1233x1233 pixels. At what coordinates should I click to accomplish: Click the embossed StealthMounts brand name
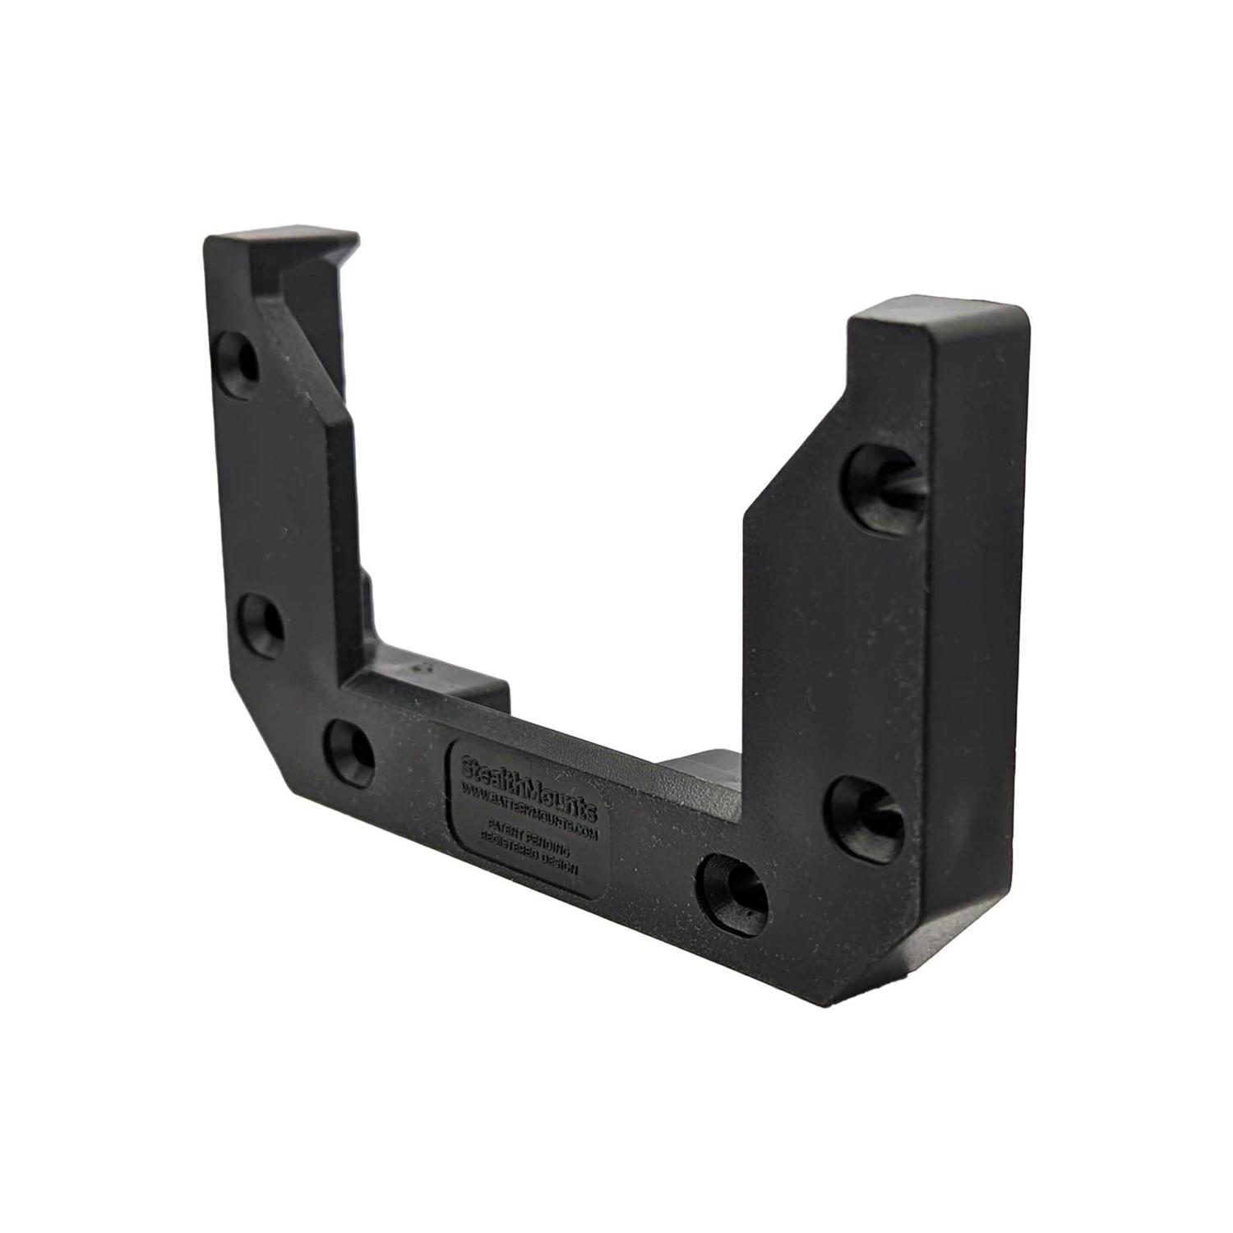[x=530, y=780]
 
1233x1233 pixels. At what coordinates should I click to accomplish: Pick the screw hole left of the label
[x=350, y=750]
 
